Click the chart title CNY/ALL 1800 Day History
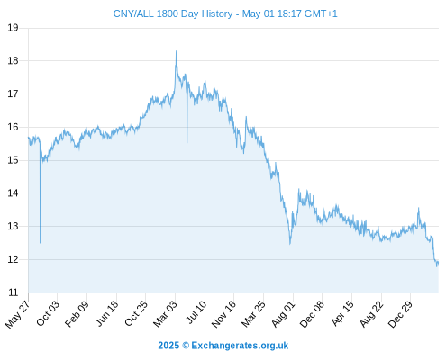(x=173, y=13)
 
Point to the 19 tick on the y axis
(x=13, y=28)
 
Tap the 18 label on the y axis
(x=13, y=61)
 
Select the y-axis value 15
(x=13, y=160)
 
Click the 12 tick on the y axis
(x=13, y=259)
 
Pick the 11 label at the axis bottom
(x=13, y=292)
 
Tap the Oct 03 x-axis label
(x=48, y=313)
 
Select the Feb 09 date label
(x=77, y=313)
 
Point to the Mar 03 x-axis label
(x=166, y=313)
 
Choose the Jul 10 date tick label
(x=196, y=312)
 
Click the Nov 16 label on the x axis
(x=223, y=314)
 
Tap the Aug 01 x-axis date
(x=283, y=314)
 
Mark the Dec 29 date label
(x=400, y=314)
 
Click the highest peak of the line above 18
(x=177, y=51)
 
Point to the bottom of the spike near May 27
(x=40, y=243)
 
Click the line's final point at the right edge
(x=438, y=263)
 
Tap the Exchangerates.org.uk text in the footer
(x=240, y=346)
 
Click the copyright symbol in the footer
(x=186, y=346)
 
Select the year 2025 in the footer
(x=168, y=346)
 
